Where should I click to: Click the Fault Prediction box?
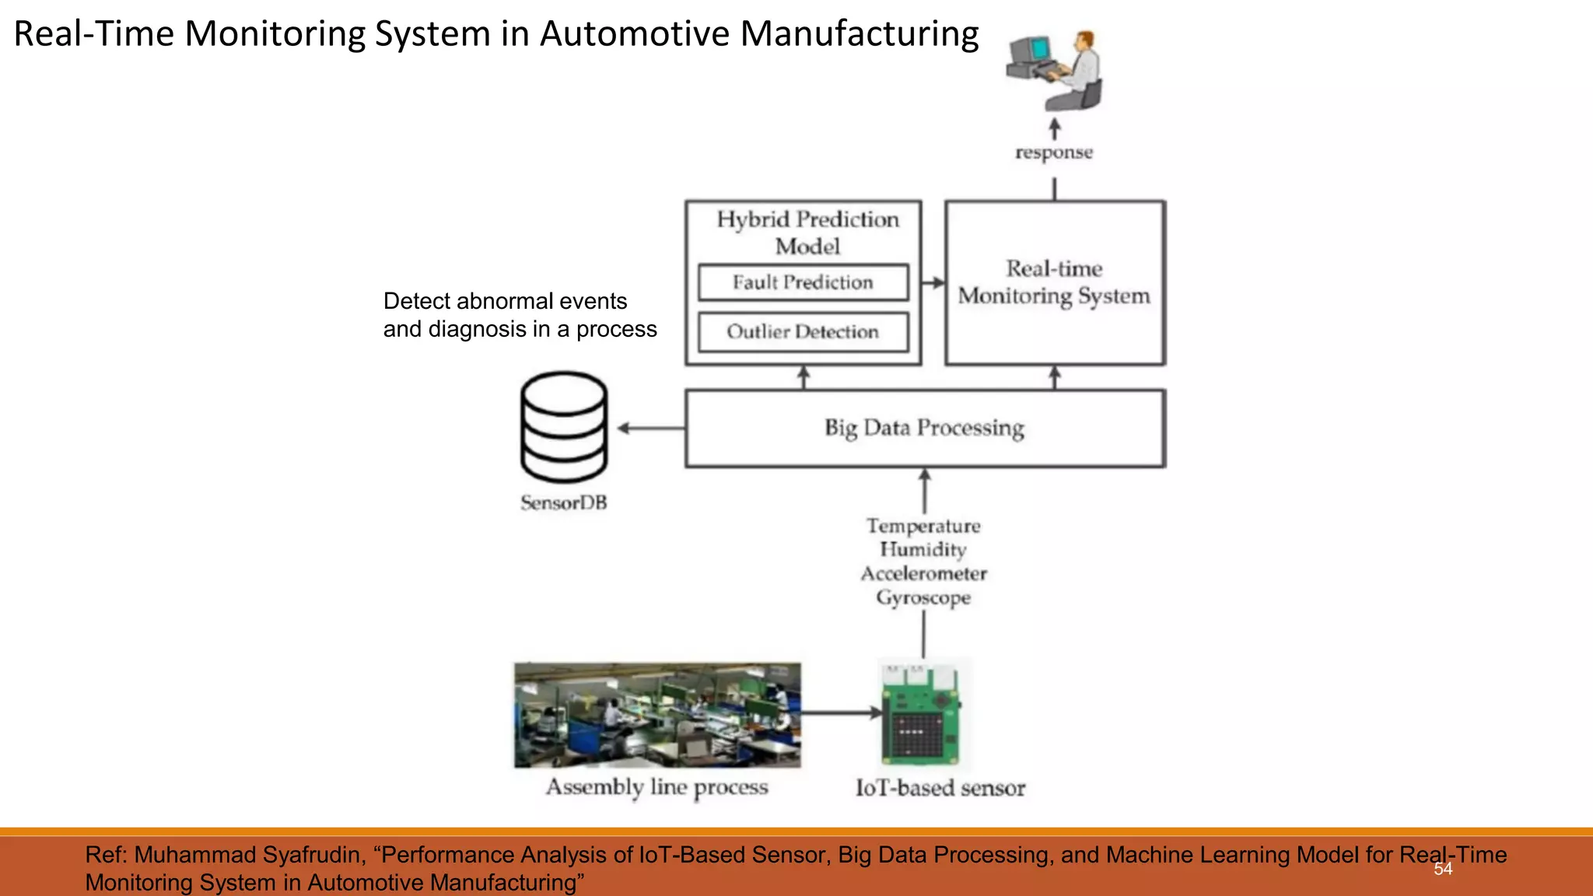coord(803,282)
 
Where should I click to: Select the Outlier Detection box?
coord(803,332)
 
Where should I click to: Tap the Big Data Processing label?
coord(924,428)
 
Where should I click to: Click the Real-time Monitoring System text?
coord(1054,282)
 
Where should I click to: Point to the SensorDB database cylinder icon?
coord(564,427)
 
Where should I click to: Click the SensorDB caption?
coord(564,503)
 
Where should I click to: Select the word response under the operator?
coord(1054,152)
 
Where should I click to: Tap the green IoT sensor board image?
coord(922,716)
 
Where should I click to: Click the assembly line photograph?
coord(657,715)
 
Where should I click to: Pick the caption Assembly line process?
coord(657,787)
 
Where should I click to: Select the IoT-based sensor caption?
coord(940,788)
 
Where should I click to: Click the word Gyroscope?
coord(923,597)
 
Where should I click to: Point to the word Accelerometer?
coord(923,574)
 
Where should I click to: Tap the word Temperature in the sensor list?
coord(923,527)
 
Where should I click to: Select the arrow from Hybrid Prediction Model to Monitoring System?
coord(933,283)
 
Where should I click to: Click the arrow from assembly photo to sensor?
coord(840,712)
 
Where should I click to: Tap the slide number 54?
coord(1443,869)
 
